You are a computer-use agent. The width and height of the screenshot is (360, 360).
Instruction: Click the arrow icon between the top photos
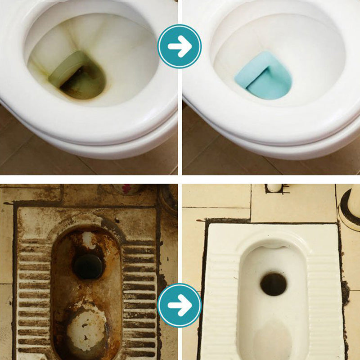(x=180, y=46)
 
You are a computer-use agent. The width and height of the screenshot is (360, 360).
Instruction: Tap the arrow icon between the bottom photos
(x=180, y=305)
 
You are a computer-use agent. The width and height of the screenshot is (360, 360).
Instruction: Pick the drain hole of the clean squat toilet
(x=274, y=284)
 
